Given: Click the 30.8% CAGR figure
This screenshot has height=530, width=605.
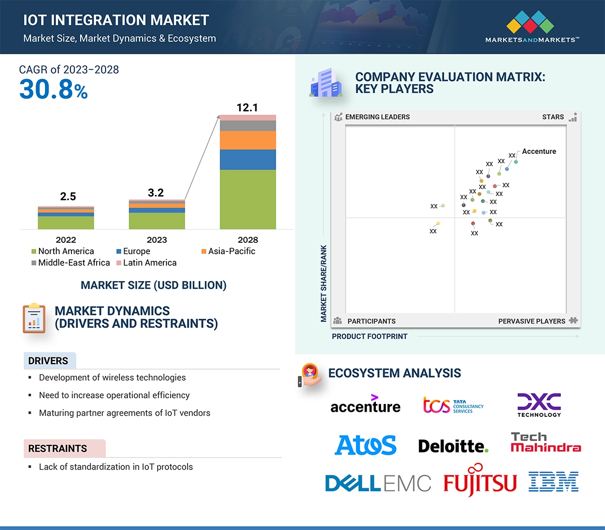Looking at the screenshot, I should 53,89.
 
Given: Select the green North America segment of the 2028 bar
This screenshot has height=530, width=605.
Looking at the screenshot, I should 248,199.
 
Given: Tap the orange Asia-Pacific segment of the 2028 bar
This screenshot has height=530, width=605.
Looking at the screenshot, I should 248,140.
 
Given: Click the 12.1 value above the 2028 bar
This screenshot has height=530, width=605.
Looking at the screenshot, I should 247,108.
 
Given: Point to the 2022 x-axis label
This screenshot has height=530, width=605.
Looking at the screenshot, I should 66,240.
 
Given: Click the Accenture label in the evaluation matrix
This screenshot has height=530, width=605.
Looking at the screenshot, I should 539,151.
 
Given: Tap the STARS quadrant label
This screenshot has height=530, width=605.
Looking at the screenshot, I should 553,117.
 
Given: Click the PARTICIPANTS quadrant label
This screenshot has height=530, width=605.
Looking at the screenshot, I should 371,321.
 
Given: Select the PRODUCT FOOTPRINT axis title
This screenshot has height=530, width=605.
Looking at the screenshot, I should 370,336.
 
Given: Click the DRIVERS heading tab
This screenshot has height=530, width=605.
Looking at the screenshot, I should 48,361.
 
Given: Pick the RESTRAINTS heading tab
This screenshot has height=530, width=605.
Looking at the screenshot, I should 57,448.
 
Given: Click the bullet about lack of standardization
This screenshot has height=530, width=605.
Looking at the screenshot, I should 116,467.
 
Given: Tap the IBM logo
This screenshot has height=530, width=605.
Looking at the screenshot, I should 553,481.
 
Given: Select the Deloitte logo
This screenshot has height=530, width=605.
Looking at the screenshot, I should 453,446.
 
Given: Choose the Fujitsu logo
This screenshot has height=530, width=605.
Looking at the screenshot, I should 480,481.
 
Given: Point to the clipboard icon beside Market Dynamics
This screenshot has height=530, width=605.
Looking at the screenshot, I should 34,318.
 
